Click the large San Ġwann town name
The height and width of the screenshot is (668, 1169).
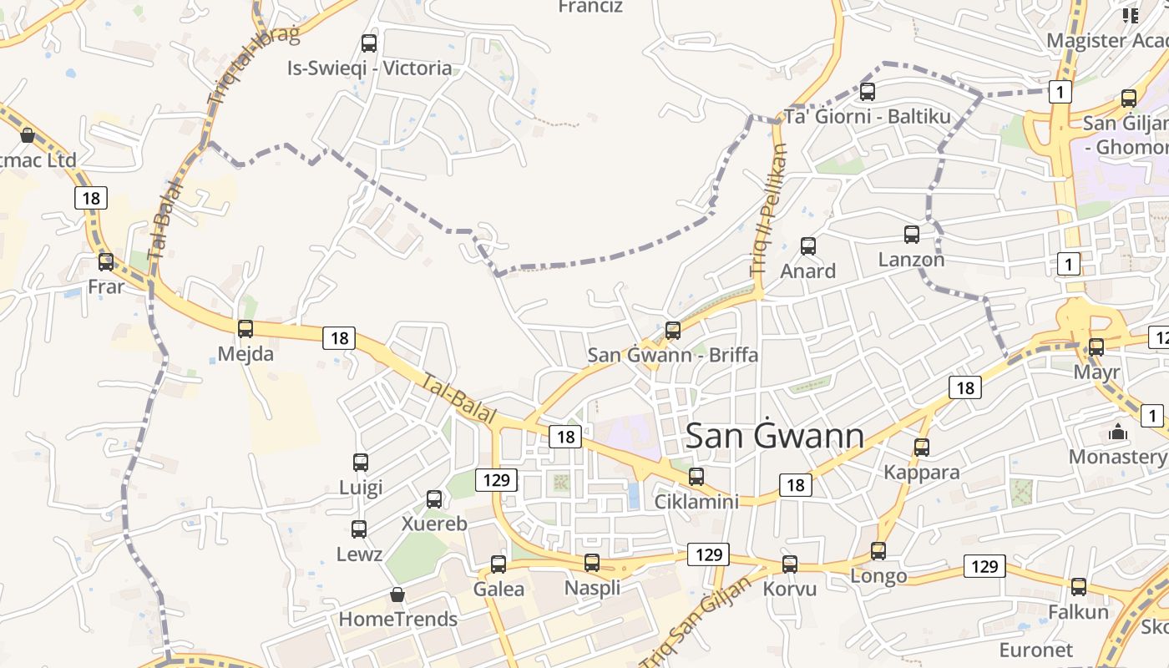[x=774, y=437]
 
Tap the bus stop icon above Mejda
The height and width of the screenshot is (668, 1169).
[x=245, y=329]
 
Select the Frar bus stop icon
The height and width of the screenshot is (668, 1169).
[x=106, y=262]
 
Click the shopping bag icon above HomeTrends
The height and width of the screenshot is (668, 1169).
[x=397, y=595]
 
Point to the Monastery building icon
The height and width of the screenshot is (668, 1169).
[x=1117, y=433]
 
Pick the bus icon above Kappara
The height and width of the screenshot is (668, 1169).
[x=922, y=448]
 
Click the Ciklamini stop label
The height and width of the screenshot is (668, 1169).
[x=696, y=502]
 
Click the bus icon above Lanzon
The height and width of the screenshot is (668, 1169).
[x=912, y=235]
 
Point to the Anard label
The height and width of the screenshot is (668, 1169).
[x=807, y=271]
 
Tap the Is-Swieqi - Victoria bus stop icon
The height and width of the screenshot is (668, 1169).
[x=369, y=43]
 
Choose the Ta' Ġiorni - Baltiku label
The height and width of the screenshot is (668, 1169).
[x=868, y=117]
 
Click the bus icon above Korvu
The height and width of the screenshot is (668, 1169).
[x=790, y=564]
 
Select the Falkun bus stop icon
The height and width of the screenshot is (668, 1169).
[x=1079, y=587]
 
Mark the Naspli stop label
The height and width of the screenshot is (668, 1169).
[x=593, y=588]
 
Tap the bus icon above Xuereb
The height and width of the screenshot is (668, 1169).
[x=434, y=499]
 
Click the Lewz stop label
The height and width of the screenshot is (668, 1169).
[x=359, y=554]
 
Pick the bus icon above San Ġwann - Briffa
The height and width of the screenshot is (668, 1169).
[x=673, y=331]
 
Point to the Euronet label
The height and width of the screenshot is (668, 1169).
[x=1035, y=650]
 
